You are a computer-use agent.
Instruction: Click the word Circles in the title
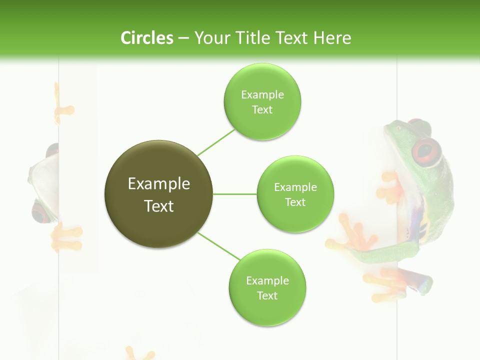[x=146, y=38]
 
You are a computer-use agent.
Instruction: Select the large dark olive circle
[x=159, y=194]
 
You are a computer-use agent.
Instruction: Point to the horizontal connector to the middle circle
[x=235, y=194]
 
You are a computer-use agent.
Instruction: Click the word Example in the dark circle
[x=159, y=183]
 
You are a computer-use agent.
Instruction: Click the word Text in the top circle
[x=262, y=110]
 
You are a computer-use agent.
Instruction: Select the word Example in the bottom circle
[x=267, y=280]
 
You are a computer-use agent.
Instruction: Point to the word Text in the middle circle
[x=295, y=202]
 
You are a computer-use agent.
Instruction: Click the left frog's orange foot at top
[x=64, y=111]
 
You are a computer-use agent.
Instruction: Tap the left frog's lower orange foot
[x=66, y=237]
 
